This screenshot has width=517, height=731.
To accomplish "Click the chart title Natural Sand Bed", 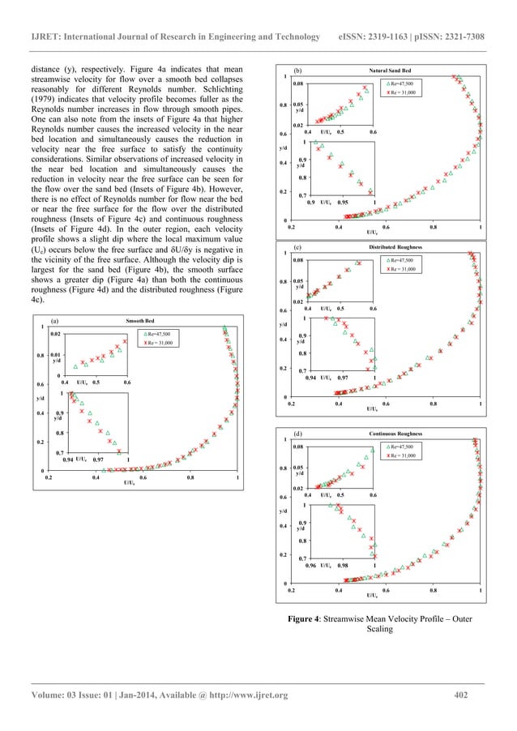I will pyautogui.click(x=391, y=71).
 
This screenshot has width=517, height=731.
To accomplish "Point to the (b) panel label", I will pyautogui.click(x=297, y=71).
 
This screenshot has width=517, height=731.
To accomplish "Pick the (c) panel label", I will pyautogui.click(x=297, y=246).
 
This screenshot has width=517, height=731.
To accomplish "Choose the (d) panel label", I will pyautogui.click(x=298, y=434).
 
